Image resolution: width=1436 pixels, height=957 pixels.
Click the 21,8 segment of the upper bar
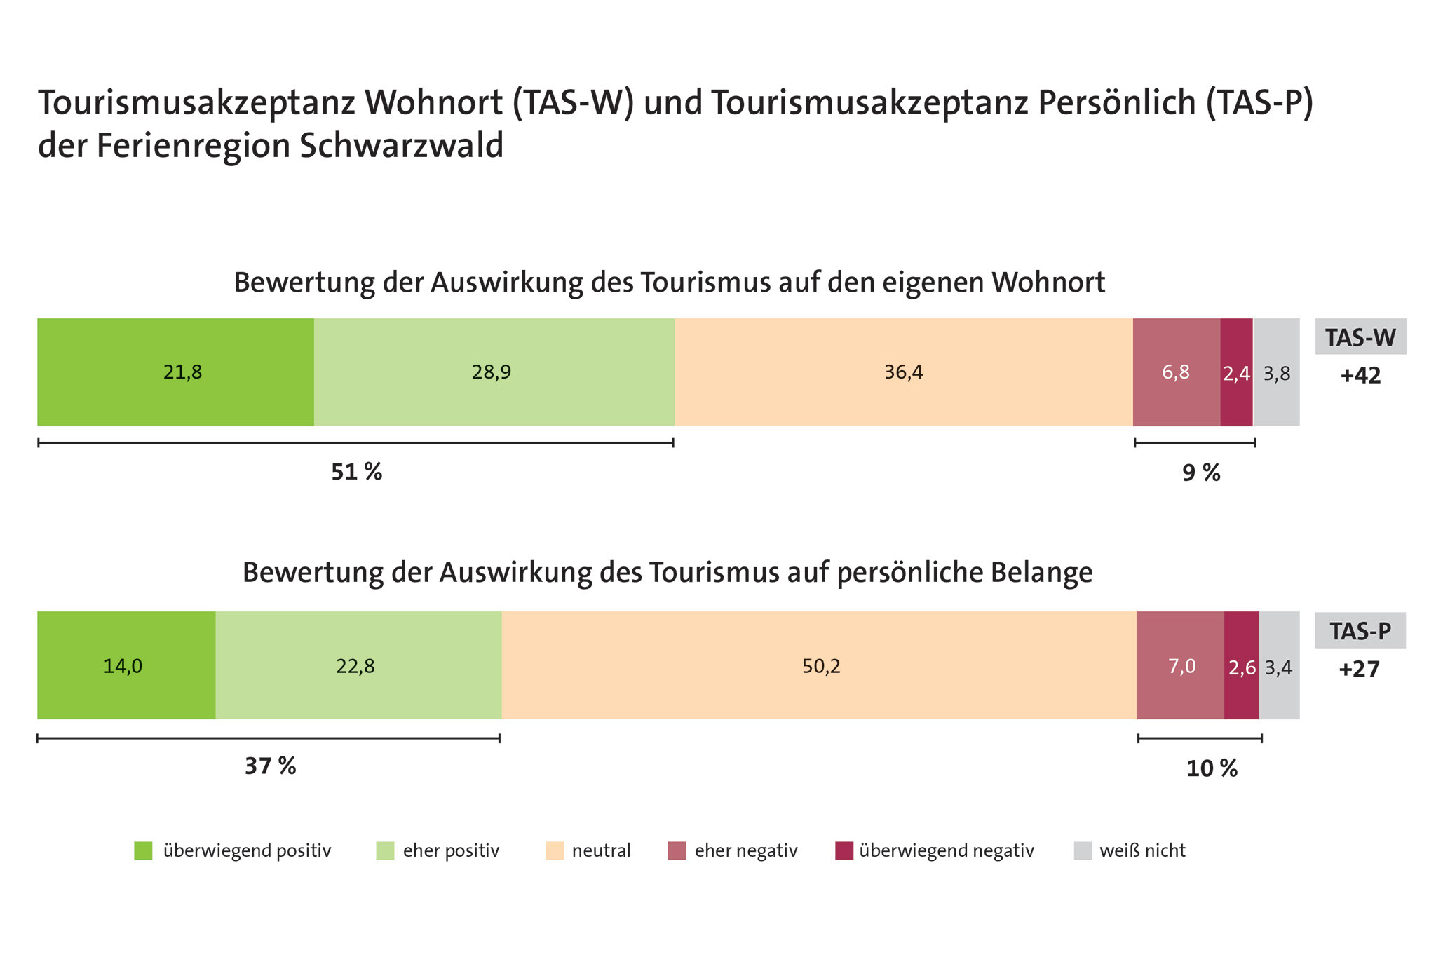pyautogui.click(x=175, y=372)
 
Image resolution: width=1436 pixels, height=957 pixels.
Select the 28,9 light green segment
pyautogui.click(x=494, y=372)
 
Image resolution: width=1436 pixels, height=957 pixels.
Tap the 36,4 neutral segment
pyautogui.click(x=903, y=372)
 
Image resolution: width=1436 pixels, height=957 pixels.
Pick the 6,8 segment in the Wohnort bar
pyautogui.click(x=1176, y=372)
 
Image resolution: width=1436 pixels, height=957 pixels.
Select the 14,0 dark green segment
pyautogui.click(x=126, y=665)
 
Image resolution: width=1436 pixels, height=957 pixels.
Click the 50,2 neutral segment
pyautogui.click(x=820, y=665)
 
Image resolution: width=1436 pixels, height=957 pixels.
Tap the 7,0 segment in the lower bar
pyautogui.click(x=1181, y=665)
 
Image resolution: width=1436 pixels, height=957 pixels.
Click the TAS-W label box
pyautogui.click(x=1360, y=337)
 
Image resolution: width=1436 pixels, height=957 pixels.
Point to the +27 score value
pyautogui.click(x=1359, y=670)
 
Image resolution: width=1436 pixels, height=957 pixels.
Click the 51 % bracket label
pyautogui.click(x=356, y=473)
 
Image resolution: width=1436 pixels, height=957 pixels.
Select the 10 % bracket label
pyautogui.click(x=1212, y=769)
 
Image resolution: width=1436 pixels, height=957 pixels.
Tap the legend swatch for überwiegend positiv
pyautogui.click(x=143, y=850)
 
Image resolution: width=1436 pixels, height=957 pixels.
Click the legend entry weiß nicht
pyautogui.click(x=1142, y=850)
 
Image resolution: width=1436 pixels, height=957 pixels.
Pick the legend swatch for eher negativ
pyautogui.click(x=677, y=850)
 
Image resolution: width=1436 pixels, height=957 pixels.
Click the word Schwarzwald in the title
pyautogui.click(x=401, y=146)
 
